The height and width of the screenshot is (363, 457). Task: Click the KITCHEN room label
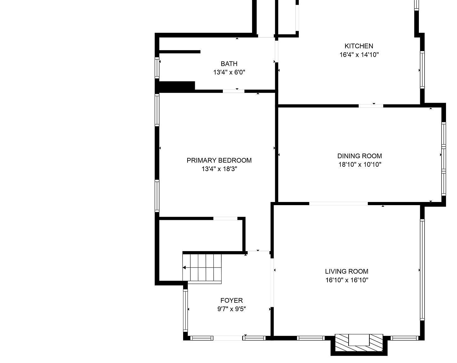(x=359, y=46)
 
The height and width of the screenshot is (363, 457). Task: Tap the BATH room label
(x=229, y=64)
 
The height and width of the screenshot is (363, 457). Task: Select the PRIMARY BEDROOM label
(x=219, y=160)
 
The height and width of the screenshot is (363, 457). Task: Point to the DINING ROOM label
(x=360, y=156)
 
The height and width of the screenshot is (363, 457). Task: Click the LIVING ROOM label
(x=347, y=271)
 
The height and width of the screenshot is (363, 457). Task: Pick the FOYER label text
(x=232, y=300)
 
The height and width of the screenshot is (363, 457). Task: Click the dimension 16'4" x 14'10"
(x=359, y=55)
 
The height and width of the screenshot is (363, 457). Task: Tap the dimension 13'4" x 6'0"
(x=229, y=72)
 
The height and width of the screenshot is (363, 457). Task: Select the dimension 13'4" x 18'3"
(x=219, y=169)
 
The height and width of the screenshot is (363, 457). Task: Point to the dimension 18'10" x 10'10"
(x=360, y=164)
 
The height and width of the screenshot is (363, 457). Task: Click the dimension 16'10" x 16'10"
(x=347, y=280)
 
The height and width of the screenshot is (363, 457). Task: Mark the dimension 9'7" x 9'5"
(x=232, y=309)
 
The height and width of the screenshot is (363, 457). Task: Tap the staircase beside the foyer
(x=202, y=268)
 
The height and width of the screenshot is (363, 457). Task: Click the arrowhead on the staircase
(x=184, y=268)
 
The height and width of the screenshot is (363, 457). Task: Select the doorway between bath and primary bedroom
(x=234, y=91)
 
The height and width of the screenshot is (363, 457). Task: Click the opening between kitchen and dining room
(x=371, y=106)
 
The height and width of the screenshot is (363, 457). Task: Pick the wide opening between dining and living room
(x=338, y=204)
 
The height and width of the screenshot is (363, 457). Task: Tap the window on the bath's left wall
(x=157, y=67)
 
